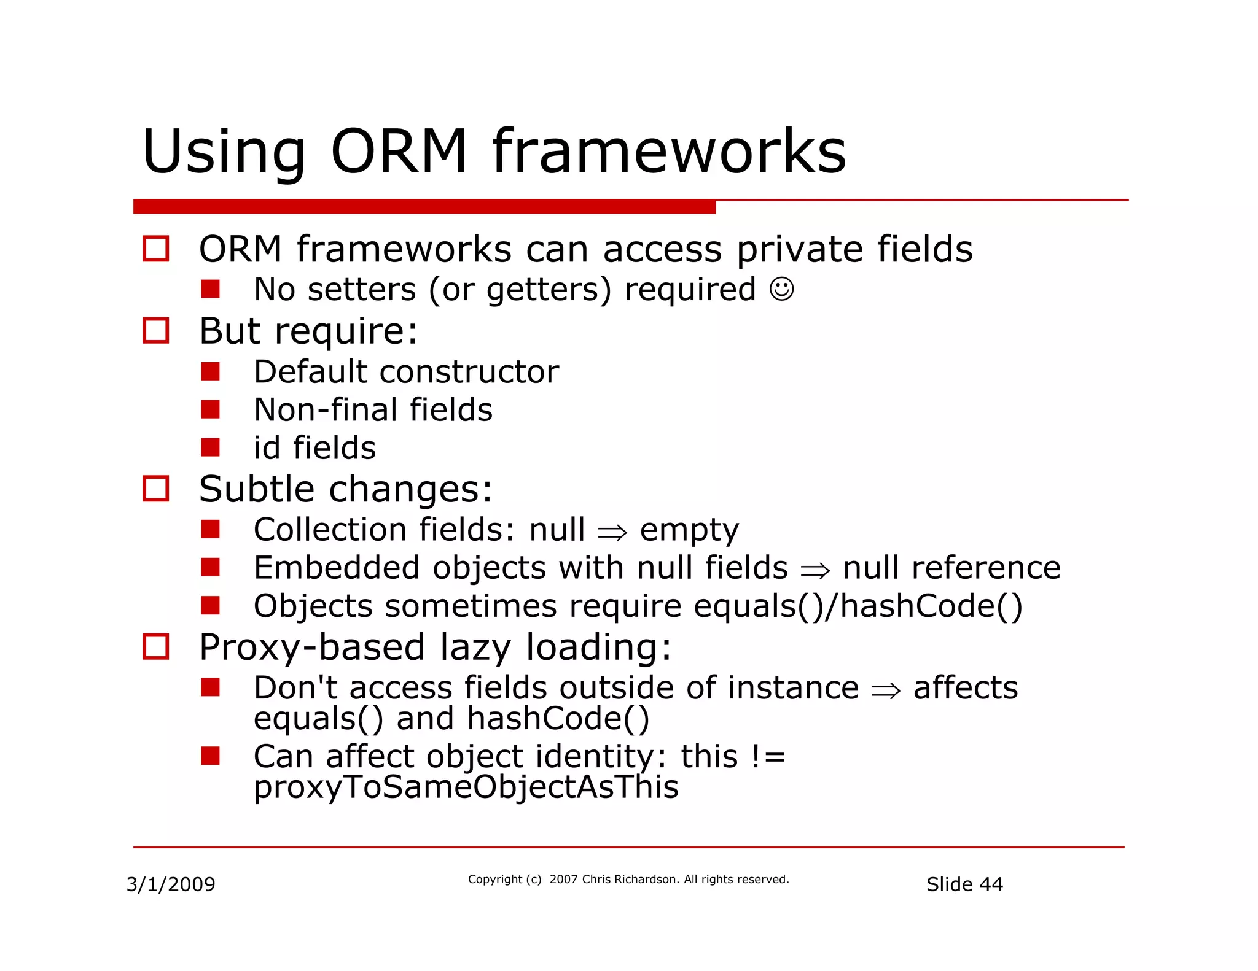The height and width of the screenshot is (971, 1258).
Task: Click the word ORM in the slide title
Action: click(399, 152)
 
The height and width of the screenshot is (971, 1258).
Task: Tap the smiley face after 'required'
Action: click(781, 289)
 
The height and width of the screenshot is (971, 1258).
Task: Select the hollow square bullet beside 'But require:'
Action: click(155, 331)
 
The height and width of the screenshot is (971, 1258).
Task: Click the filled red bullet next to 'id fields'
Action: click(210, 447)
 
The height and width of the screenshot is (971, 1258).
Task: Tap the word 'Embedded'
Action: click(337, 568)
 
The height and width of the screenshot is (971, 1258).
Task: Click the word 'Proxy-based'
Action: click(312, 648)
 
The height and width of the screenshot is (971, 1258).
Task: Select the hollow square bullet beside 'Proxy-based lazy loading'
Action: click(155, 647)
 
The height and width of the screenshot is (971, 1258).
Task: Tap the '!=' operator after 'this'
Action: click(768, 757)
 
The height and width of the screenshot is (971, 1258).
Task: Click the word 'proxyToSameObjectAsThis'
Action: click(466, 787)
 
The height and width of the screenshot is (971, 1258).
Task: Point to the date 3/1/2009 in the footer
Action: click(171, 884)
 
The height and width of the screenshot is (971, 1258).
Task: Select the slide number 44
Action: click(991, 884)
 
